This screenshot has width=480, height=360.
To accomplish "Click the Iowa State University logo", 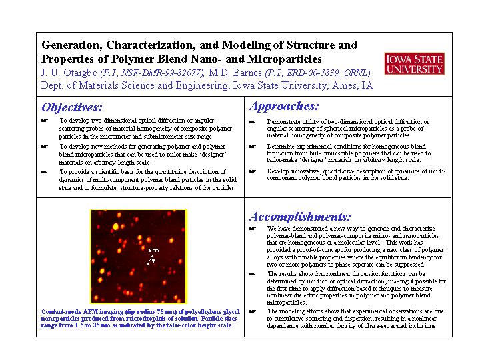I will point(414,65).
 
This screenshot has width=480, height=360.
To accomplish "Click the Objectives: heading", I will point(72,107).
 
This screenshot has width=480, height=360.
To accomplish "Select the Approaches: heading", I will point(283,106).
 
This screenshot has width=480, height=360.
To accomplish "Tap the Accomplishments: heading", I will point(300,216).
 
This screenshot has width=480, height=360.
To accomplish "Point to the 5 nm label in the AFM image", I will point(153,250).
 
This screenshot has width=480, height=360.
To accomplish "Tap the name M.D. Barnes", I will point(236,73).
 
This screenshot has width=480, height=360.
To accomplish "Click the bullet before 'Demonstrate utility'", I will point(253,122).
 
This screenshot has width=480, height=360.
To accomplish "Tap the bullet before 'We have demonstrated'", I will point(253,228).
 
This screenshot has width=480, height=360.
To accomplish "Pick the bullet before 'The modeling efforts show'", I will point(253,311).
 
